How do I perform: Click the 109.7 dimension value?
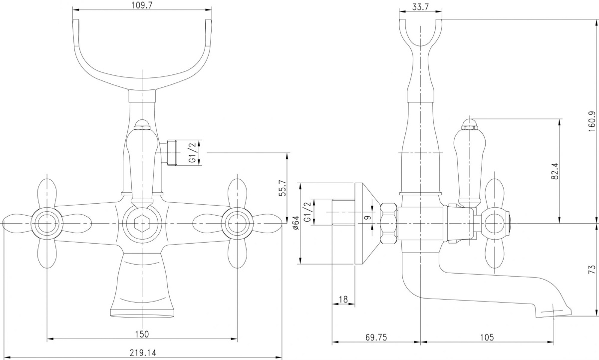[142, 5]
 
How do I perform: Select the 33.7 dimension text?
[420, 6]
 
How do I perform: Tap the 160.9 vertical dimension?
[593, 121]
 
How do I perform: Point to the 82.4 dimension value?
[555, 171]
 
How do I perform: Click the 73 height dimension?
[593, 269]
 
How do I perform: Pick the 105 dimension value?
[487, 337]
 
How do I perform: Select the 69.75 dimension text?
[376, 337]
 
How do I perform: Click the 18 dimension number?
[343, 299]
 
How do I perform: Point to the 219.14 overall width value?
[143, 353]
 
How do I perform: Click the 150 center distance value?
[142, 334]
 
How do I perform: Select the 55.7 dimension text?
[283, 188]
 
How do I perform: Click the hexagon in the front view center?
[142, 223]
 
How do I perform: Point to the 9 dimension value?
[368, 217]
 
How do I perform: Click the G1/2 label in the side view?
[308, 212]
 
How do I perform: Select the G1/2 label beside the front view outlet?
[193, 153]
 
